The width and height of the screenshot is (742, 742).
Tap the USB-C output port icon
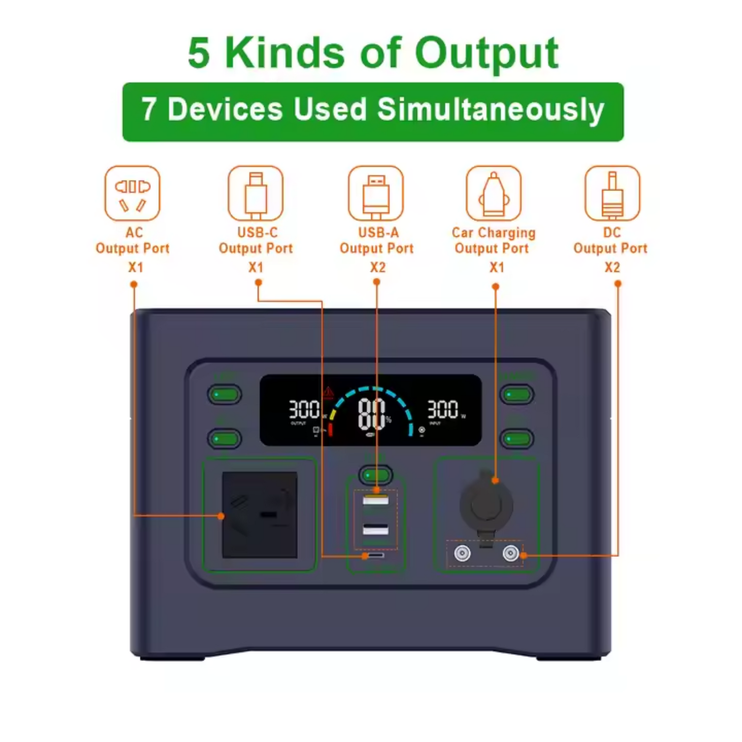click(x=255, y=193)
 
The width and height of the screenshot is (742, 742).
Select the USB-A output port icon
click(x=376, y=193)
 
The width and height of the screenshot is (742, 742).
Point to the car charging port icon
click(x=493, y=193)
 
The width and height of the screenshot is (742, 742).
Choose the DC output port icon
click(x=612, y=193)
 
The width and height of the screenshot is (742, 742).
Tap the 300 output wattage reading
click(x=304, y=409)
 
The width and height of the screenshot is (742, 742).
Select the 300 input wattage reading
click(x=443, y=409)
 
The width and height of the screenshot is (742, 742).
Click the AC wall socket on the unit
click(x=260, y=515)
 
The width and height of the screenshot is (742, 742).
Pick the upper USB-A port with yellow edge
click(x=376, y=500)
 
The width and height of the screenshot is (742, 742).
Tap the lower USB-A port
click(x=376, y=530)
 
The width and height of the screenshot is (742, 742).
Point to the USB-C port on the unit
click(x=376, y=555)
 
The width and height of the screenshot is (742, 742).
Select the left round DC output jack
click(x=462, y=554)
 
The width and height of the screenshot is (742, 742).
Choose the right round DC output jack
click(x=511, y=554)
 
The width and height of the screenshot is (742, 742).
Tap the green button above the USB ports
click(x=376, y=475)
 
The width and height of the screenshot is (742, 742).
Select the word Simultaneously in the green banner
click(x=490, y=110)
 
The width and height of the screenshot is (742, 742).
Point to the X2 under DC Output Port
click(x=612, y=267)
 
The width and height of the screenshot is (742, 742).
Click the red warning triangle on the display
click(x=328, y=392)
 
